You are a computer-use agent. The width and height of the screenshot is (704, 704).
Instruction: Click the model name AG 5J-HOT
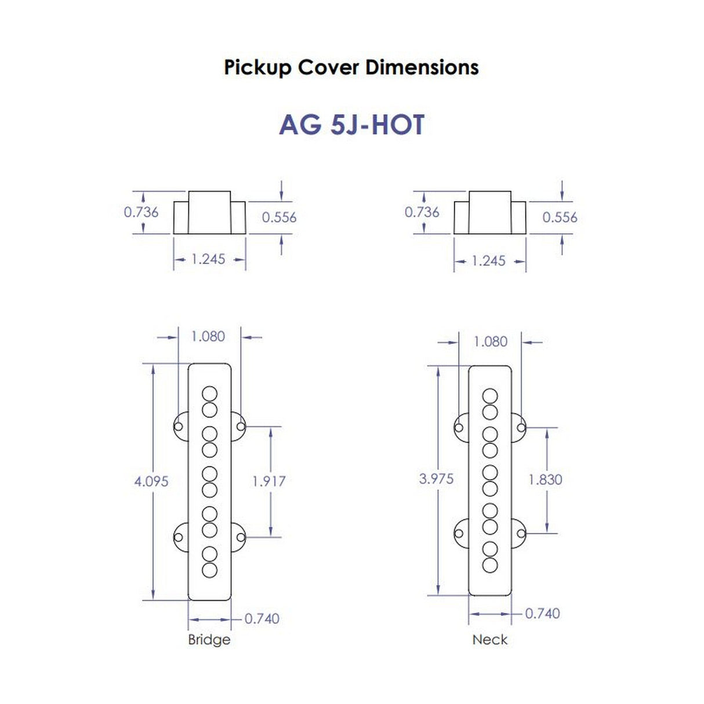tap(351, 125)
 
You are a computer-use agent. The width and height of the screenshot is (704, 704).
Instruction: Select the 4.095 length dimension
tap(151, 481)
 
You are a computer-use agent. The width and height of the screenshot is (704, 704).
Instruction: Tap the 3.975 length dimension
tap(436, 479)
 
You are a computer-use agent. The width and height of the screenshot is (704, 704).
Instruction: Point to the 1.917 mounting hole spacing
tap(268, 481)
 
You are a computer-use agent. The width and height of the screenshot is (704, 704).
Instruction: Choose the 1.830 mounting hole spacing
tap(545, 480)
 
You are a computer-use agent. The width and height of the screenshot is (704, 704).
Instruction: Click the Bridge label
tap(209, 640)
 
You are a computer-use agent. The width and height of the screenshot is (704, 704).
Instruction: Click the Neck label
tap(489, 640)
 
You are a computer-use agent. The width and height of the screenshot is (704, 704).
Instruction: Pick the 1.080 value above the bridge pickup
tap(208, 336)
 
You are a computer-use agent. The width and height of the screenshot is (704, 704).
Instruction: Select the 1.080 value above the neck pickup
tap(490, 342)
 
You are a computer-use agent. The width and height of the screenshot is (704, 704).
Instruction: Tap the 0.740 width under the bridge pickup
tap(262, 619)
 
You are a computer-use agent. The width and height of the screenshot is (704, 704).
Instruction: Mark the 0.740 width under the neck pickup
tap(542, 614)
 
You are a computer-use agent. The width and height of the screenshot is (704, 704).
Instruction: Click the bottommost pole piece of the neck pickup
tap(490, 565)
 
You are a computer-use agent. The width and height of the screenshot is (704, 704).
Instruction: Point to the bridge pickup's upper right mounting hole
tap(241, 427)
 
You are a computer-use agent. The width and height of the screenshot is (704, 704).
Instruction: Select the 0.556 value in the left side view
tap(279, 217)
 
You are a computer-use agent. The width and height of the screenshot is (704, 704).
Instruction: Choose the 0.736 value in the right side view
tap(422, 212)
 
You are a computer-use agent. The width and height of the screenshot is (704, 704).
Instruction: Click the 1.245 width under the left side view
tap(208, 259)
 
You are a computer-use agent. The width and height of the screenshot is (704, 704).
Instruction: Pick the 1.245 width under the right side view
tap(489, 261)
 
